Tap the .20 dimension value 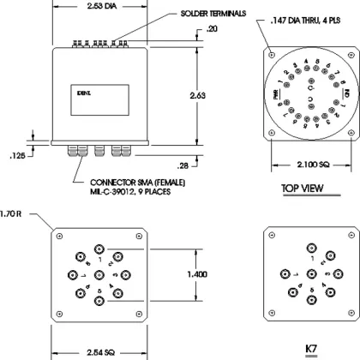coord(213,30)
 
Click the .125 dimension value coord(15,155)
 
